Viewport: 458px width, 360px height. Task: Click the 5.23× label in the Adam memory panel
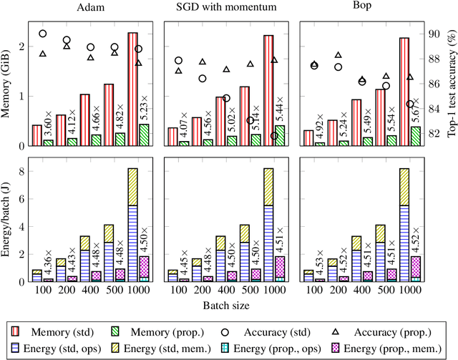[x=144, y=106]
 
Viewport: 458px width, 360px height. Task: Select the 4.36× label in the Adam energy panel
[x=48, y=263]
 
